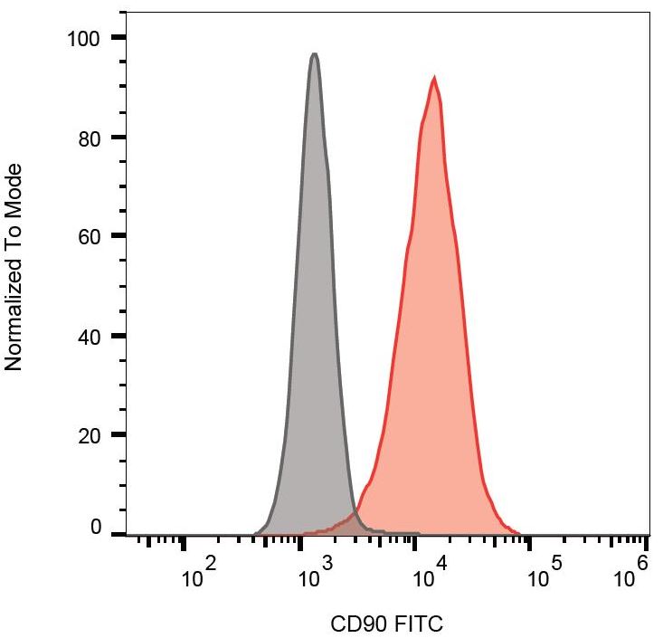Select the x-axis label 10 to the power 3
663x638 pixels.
click(x=316, y=574)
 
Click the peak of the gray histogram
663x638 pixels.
click(x=314, y=55)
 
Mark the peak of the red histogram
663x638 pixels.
click(x=434, y=78)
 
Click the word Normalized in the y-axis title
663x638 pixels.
click(x=13, y=307)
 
